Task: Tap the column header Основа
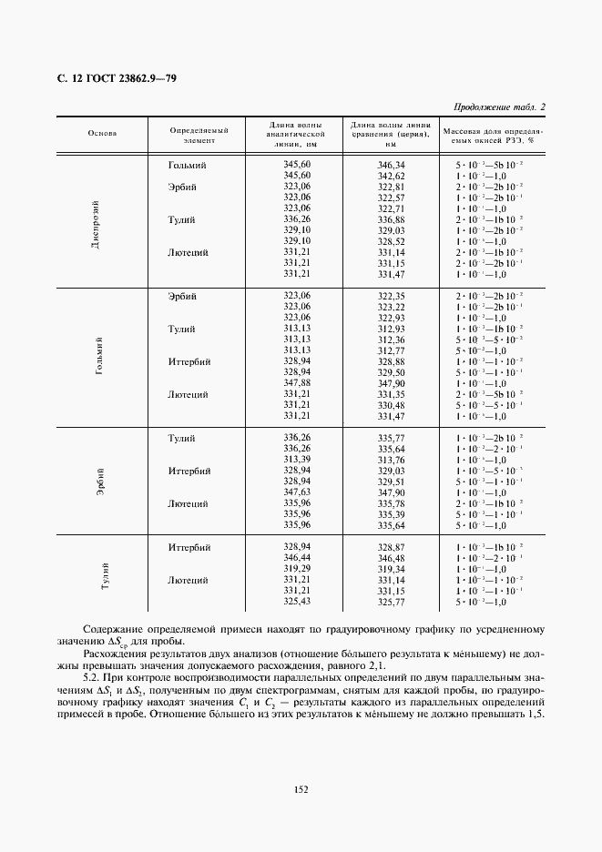(102, 133)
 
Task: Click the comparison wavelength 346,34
(391, 165)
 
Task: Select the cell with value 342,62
(391, 176)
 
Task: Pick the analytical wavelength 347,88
(297, 383)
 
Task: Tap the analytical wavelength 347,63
(297, 492)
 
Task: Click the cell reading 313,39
(297, 460)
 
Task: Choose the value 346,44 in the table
(297, 558)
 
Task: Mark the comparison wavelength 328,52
(391, 241)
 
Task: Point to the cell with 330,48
(391, 405)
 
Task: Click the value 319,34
(391, 569)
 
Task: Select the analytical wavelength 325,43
(297, 602)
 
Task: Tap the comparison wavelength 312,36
(391, 340)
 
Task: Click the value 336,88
(391, 219)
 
